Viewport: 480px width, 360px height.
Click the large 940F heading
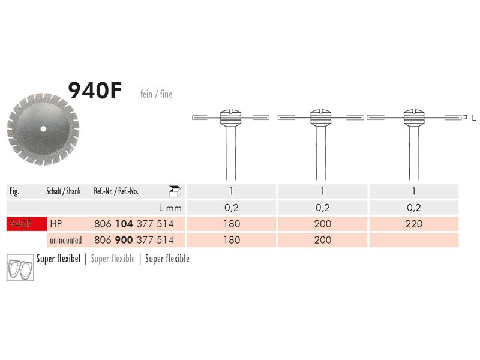coord(95,91)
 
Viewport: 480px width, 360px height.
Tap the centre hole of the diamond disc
coord(43,129)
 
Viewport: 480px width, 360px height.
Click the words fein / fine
coord(157,94)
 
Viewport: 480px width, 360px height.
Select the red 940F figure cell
coord(26,224)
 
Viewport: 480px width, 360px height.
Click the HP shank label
coord(56,224)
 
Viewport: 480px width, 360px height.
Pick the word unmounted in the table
coord(66,240)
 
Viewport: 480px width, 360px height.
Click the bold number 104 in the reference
coord(124,224)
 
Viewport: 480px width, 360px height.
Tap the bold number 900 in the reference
coord(124,240)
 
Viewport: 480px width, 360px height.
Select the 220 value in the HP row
coord(414,224)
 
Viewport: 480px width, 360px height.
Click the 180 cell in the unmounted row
coord(232,240)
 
